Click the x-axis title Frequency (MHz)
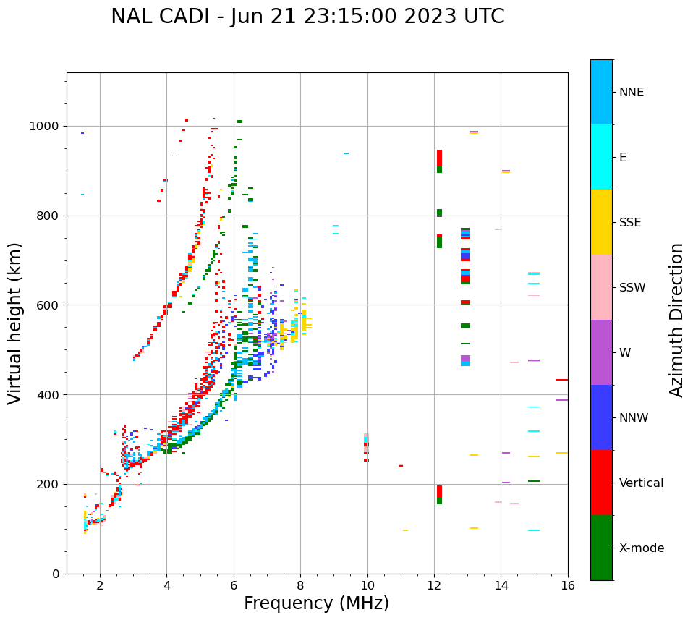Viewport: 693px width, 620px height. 316,603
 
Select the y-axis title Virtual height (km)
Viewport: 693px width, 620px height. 15,323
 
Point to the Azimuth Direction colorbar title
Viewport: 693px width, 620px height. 676,320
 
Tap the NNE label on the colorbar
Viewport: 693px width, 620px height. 632,93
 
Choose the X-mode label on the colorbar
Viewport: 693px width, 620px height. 642,548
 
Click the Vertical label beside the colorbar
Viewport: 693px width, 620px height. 641,483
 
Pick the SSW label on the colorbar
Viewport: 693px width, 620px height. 632,288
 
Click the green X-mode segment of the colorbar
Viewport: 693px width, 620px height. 601,548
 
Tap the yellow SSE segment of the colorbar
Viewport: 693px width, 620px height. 601,222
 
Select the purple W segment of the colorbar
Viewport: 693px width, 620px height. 601,352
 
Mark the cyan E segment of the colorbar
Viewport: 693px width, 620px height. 601,157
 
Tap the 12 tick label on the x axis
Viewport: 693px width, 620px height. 434,586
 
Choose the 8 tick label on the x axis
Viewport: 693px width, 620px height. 300,586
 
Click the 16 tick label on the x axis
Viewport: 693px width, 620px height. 568,586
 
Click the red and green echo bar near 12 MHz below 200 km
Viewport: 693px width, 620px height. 439,495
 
